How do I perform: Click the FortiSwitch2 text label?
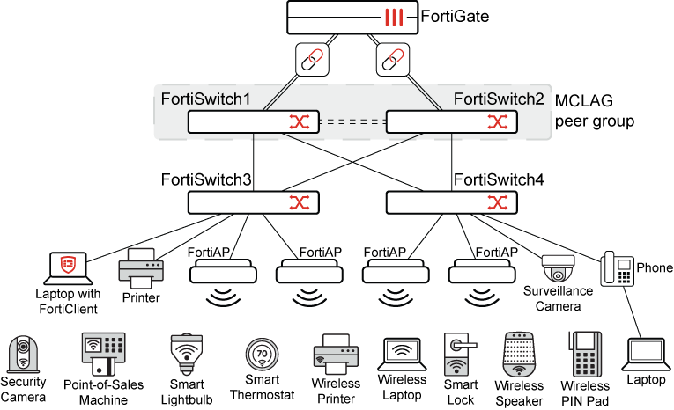point(499,99)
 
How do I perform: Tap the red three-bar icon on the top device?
point(393,17)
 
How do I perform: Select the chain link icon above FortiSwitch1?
point(312,60)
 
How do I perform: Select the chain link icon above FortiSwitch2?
point(393,60)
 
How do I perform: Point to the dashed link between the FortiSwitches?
point(352,122)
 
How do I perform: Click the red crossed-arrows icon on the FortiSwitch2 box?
point(498,122)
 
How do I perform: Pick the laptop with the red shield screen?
point(69,268)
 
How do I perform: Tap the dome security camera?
point(558,269)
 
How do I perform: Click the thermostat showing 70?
point(262,354)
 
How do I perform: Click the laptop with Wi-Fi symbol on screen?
point(402,354)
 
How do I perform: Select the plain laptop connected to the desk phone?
point(646,354)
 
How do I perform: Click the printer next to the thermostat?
point(336,354)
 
